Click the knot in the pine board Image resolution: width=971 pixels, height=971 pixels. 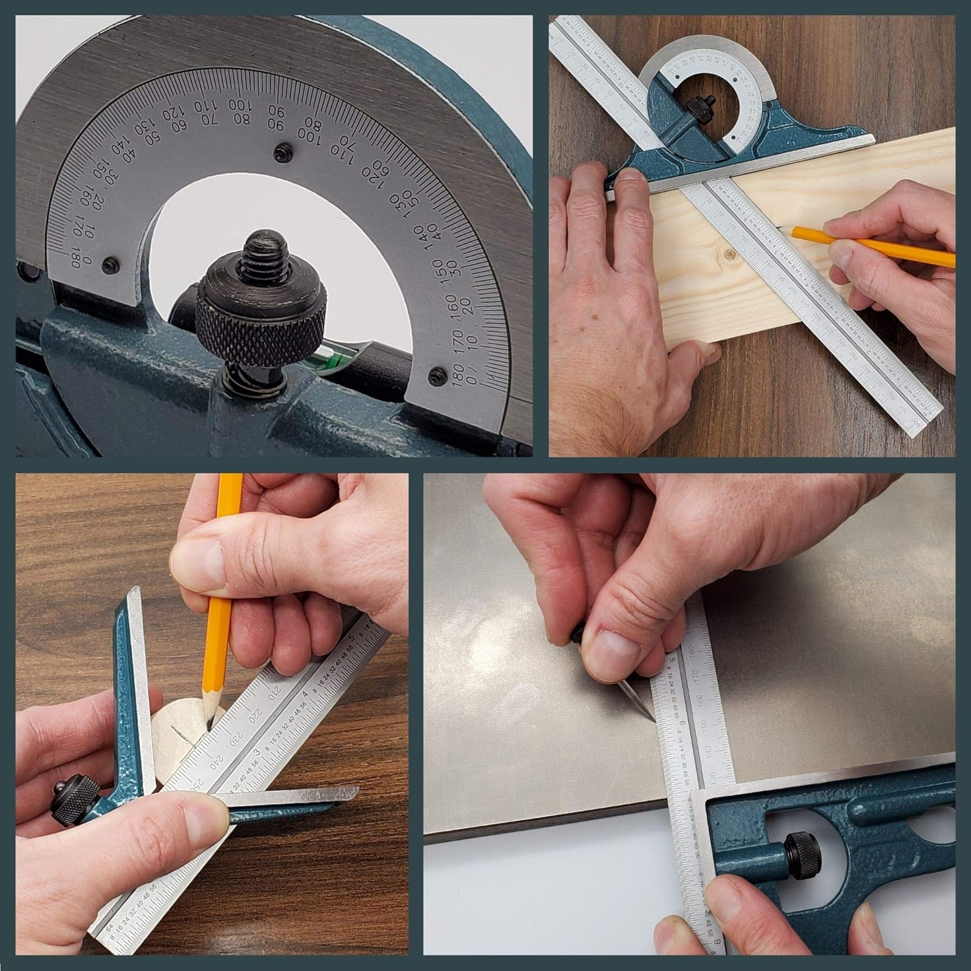730,254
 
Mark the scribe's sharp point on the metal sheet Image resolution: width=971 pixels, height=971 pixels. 652,719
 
